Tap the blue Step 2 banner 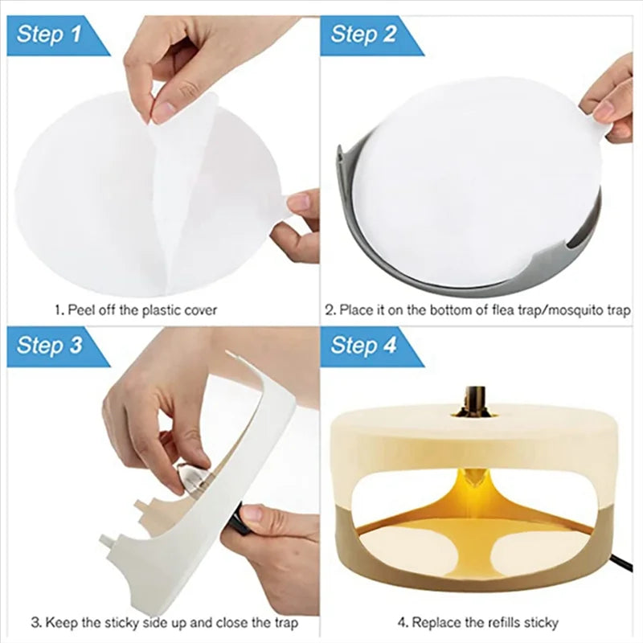[x=366, y=35]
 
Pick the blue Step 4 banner [x=366, y=346]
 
